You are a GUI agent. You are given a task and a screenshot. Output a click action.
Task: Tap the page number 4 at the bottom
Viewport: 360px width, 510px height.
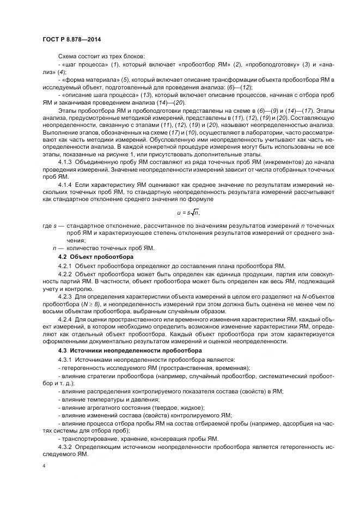44,466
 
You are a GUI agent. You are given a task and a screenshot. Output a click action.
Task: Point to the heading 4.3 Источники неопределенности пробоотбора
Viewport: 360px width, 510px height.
130,350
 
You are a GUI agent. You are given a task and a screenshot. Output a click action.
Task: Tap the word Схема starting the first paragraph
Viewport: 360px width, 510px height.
68,57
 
